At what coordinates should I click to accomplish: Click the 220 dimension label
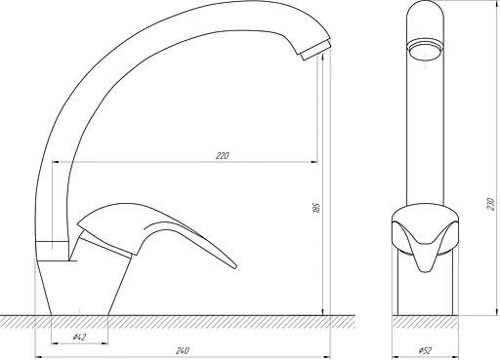(x=223, y=156)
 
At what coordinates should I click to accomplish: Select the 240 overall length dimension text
(x=183, y=351)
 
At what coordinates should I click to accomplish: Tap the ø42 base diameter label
(x=80, y=338)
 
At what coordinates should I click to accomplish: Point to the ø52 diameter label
(x=425, y=350)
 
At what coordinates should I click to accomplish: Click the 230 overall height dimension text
(x=491, y=204)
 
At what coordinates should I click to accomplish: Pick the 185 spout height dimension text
(x=316, y=208)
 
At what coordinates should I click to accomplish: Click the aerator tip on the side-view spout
(x=315, y=51)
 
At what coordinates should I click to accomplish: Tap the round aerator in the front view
(x=425, y=51)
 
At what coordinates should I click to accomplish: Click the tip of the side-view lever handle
(x=234, y=266)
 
